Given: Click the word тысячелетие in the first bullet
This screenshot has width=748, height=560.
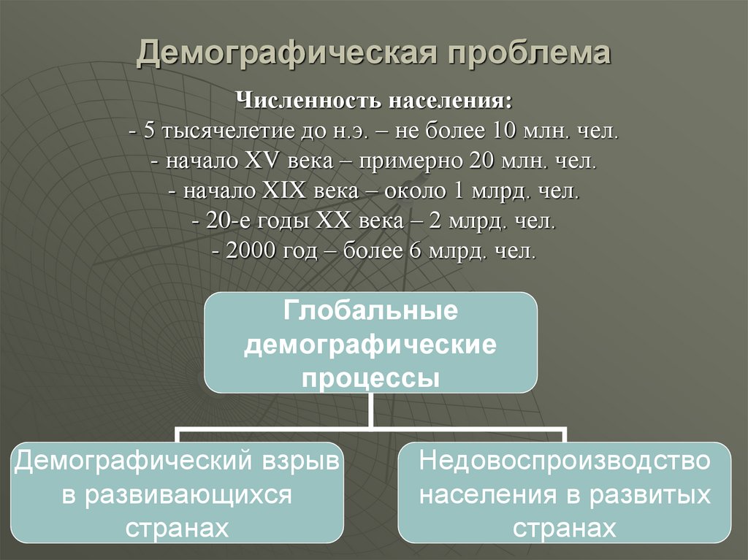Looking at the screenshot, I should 221,132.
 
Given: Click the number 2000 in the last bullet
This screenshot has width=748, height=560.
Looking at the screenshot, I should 251,252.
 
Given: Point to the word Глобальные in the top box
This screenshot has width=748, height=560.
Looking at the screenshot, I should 370,311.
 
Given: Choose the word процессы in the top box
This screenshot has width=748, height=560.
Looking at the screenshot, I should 370,378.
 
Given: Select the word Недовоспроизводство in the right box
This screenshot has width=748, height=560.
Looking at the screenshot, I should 565,461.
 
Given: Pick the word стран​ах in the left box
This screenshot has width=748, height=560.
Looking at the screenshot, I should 178,527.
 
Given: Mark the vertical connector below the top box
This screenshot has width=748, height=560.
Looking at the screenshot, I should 370,410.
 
